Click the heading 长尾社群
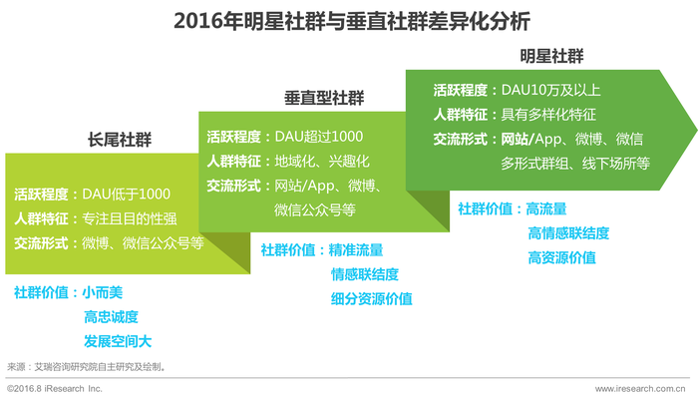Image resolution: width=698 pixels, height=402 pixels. point(120,140)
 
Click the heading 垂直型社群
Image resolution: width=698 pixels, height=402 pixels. point(324,98)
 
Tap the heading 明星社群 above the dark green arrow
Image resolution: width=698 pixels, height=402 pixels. point(551,56)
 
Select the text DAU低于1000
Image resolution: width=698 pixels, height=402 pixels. point(126,195)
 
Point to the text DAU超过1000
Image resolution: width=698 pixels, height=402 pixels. point(319,137)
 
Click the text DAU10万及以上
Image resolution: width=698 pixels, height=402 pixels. point(550,91)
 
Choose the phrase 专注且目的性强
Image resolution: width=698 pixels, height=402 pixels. point(129,218)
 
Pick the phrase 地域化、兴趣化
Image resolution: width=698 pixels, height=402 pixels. point(322,162)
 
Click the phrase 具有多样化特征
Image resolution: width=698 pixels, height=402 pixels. point(548,115)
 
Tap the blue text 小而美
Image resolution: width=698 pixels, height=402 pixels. point(103,292)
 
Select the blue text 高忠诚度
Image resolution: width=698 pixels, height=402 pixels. point(111,317)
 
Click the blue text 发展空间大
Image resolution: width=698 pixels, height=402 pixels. point(118,341)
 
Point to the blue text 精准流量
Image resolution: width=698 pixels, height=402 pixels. point(356,250)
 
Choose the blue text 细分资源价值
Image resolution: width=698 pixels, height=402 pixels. point(371,298)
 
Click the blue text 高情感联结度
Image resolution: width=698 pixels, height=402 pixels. point(568,233)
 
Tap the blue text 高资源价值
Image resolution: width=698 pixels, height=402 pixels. point(561,257)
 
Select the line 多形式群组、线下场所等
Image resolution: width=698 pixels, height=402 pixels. point(575,164)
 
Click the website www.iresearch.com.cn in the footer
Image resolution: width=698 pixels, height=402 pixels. point(640,389)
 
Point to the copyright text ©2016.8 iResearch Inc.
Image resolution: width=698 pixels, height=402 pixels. point(54,389)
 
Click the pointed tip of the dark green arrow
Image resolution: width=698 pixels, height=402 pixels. point(697,130)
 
